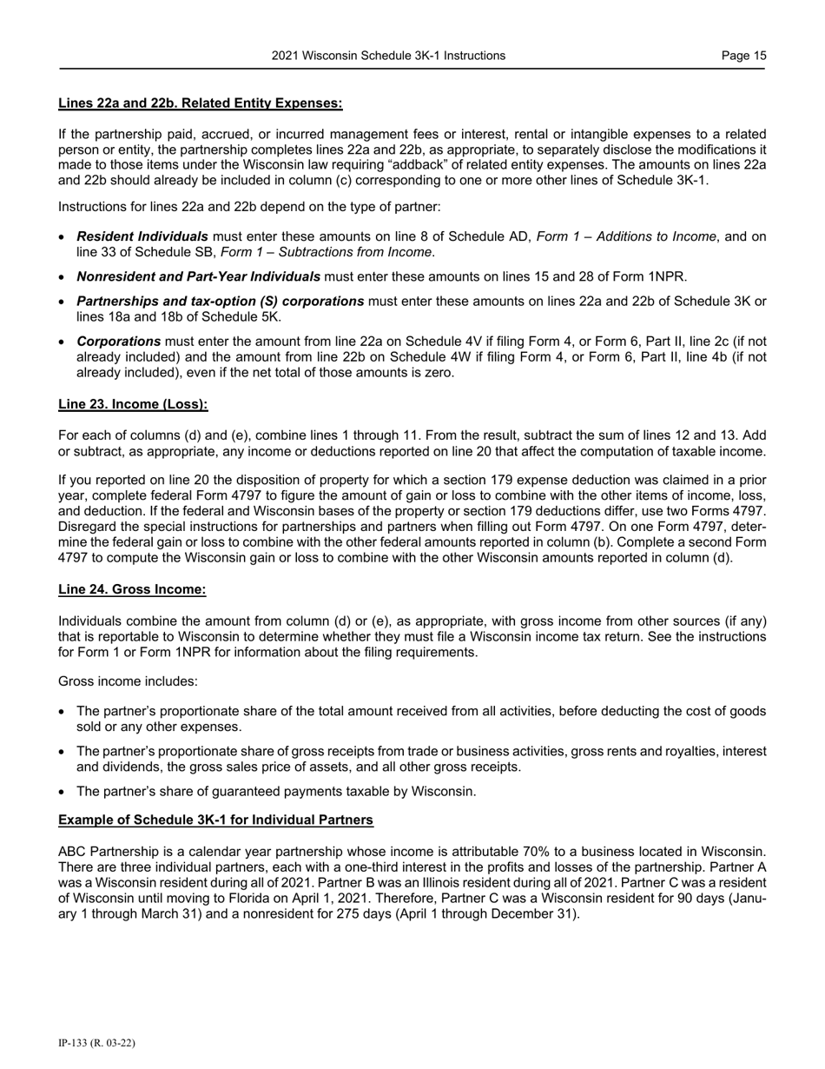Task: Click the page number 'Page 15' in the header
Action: pyautogui.click(x=743, y=56)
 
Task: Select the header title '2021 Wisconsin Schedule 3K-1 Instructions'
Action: pyautogui.click(x=388, y=56)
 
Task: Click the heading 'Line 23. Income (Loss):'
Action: pyautogui.click(x=133, y=404)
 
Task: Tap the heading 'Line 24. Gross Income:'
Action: pyautogui.click(x=132, y=590)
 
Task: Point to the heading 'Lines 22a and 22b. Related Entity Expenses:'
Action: pyautogui.click(x=201, y=103)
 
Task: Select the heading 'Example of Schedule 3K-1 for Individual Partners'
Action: pyautogui.click(x=216, y=820)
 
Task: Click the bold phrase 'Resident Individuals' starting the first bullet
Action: pyautogui.click(x=142, y=236)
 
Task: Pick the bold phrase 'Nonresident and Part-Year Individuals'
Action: pyautogui.click(x=199, y=276)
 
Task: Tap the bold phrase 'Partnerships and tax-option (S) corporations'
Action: pyautogui.click(x=221, y=301)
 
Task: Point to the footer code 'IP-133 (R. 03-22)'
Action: pyautogui.click(x=96, y=1042)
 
